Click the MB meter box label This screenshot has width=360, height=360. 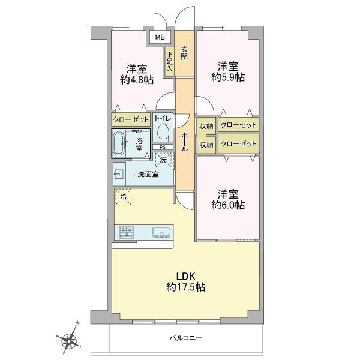pos(160,37)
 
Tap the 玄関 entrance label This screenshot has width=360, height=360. pos(184,53)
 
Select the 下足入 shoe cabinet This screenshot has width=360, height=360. pos(169,62)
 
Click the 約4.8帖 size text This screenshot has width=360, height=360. pos(137,80)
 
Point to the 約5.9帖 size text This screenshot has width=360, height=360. pos(228,77)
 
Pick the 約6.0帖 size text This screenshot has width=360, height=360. pos(228,205)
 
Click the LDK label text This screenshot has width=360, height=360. pos(185,276)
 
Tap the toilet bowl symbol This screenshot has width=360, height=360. pos(163,132)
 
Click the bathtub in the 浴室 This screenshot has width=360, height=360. pos(119,143)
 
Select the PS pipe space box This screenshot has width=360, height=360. pos(163,147)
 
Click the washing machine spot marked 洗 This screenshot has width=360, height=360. pos(163,160)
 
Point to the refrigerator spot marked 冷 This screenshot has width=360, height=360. pos(123,197)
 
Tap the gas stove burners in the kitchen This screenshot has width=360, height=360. pos(127,232)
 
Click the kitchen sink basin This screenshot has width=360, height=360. pos(161,232)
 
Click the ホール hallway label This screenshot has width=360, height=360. pos(185,142)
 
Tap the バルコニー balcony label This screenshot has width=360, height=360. pos(186,338)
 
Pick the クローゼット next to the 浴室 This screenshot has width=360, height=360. pos(131,119)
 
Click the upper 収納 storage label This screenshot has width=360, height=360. pos(206,126)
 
